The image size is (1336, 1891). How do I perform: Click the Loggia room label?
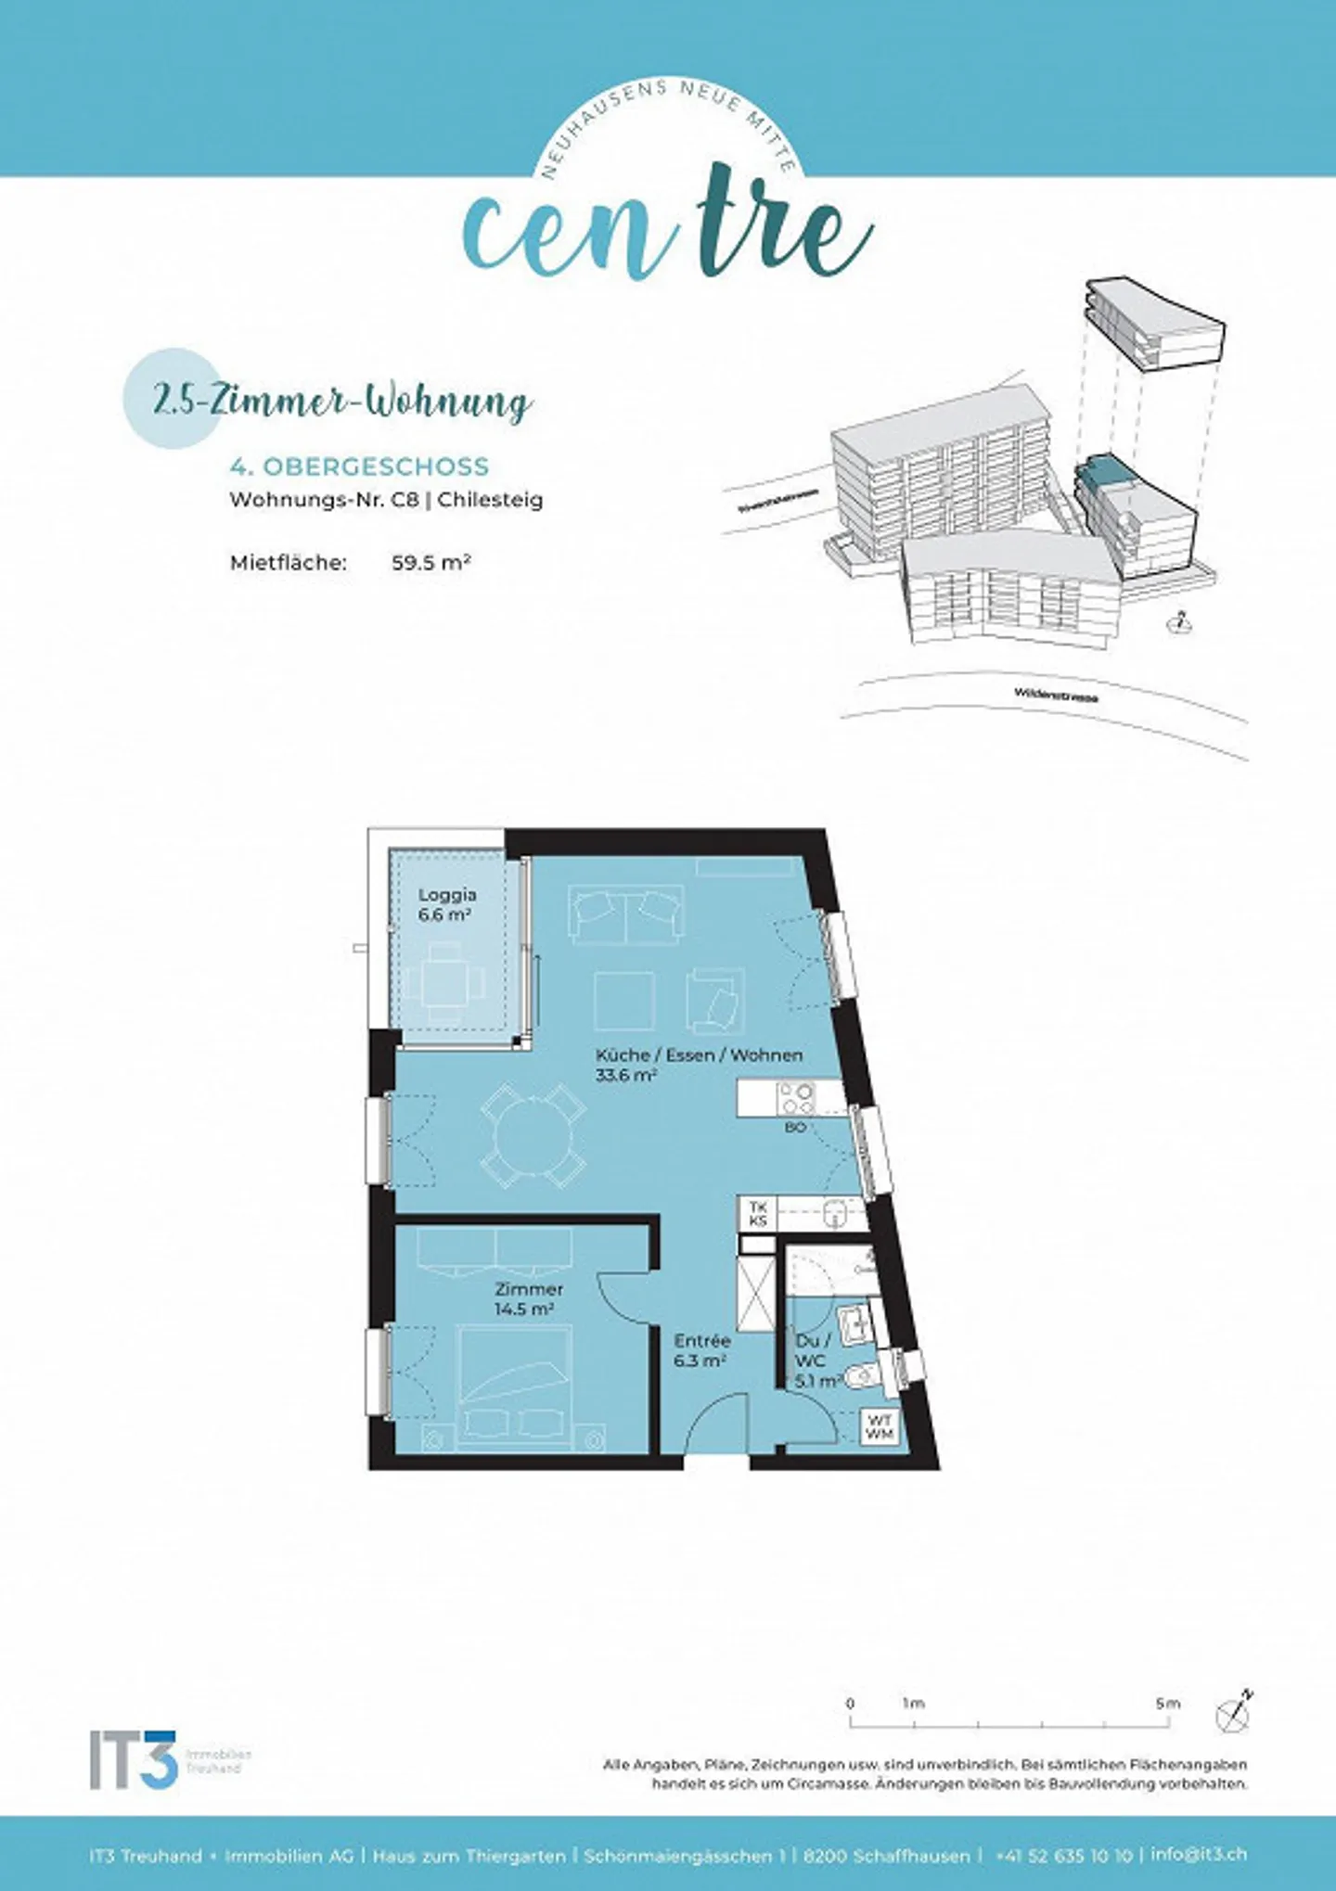(446, 895)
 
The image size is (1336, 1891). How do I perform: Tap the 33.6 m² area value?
(626, 1075)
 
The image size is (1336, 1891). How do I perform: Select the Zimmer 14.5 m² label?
(528, 1298)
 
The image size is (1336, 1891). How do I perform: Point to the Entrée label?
(701, 1340)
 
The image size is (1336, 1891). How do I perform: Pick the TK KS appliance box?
(758, 1214)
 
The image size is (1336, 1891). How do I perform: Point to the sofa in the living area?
(627, 914)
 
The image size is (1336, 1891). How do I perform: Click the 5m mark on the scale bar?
(1167, 1704)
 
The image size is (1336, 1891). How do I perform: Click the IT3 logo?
(135, 1758)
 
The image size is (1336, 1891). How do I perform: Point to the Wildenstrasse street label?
(1055, 694)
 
